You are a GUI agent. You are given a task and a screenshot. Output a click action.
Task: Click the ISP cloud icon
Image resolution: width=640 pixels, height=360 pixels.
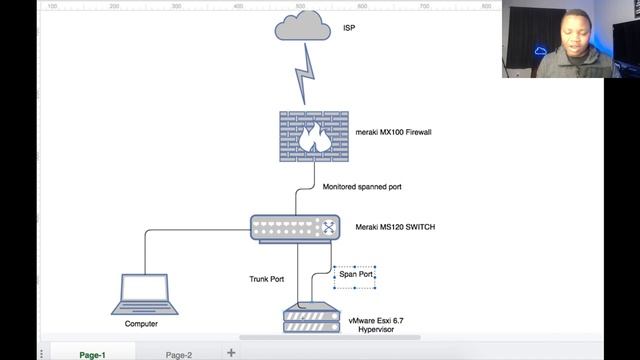click(x=301, y=27)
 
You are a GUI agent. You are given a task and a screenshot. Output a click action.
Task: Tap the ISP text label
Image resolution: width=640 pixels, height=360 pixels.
click(x=349, y=28)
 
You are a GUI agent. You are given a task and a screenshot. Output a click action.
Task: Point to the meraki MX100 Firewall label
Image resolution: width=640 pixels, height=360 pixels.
click(x=394, y=132)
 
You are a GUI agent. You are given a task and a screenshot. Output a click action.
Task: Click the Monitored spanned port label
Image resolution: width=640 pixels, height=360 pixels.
click(x=362, y=186)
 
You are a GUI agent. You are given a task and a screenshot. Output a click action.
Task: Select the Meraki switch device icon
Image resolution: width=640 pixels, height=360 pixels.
click(x=296, y=227)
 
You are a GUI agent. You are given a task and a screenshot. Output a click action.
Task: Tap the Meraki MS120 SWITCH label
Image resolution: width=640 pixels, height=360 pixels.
click(x=395, y=227)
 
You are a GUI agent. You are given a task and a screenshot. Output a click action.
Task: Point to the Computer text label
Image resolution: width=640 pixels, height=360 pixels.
click(x=141, y=324)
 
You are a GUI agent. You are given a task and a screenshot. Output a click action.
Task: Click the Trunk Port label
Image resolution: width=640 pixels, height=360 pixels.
click(x=267, y=278)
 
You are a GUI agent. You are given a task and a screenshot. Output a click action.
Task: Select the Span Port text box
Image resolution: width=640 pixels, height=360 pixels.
click(x=355, y=274)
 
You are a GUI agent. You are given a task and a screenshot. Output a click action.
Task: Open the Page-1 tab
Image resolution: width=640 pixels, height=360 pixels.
click(x=92, y=353)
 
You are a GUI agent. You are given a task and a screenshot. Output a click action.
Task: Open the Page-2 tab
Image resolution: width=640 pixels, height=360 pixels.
click(x=179, y=353)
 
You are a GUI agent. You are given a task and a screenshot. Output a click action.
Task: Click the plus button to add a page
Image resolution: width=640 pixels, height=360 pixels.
click(x=231, y=352)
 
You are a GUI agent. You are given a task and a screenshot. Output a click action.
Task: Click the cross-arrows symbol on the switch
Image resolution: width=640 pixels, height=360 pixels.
click(x=327, y=227)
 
